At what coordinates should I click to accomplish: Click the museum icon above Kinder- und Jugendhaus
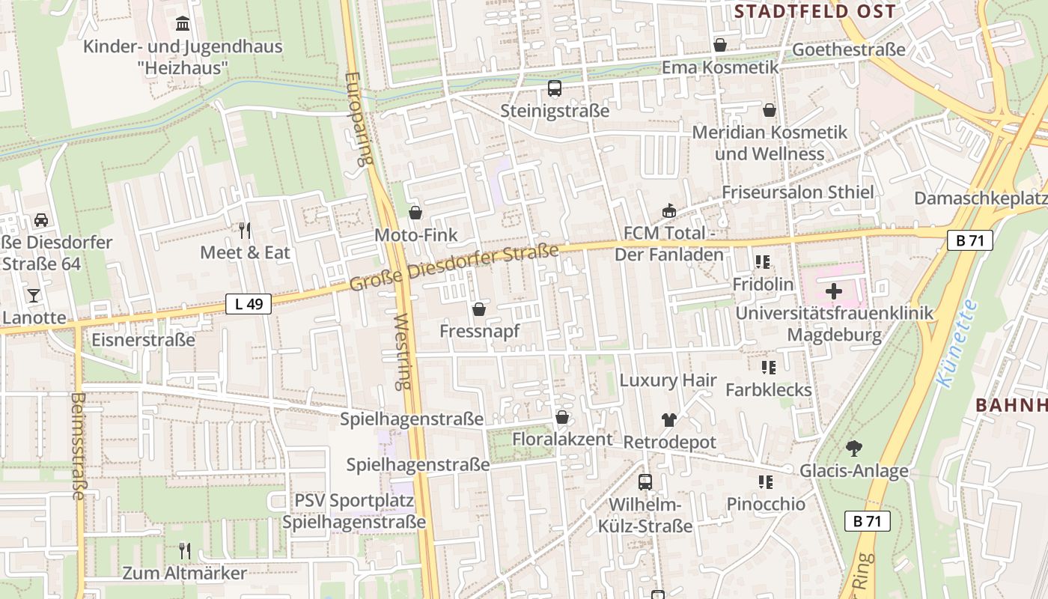click(182, 24)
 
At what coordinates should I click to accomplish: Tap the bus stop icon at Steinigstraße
click(555, 88)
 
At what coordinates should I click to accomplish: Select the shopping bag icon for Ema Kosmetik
click(720, 45)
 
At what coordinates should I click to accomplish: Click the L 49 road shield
click(249, 304)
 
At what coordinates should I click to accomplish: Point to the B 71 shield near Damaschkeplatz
click(969, 240)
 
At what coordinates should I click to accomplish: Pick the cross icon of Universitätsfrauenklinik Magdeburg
click(833, 291)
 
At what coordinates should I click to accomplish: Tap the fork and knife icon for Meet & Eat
click(244, 230)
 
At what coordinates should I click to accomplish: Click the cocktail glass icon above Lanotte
click(34, 295)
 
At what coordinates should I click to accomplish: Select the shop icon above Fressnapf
click(479, 308)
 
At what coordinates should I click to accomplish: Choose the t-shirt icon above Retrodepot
click(668, 420)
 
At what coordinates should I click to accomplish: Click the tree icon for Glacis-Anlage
click(853, 449)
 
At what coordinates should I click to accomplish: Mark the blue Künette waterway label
click(956, 344)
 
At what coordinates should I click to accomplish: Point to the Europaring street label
click(359, 118)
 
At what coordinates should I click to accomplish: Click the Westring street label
click(403, 351)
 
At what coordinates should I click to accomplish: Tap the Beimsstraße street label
click(78, 446)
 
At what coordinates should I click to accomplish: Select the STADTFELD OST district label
click(814, 11)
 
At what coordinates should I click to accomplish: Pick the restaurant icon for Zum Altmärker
click(184, 551)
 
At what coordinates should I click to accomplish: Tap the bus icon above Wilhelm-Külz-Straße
click(645, 481)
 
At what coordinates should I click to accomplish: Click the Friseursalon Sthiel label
click(797, 192)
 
